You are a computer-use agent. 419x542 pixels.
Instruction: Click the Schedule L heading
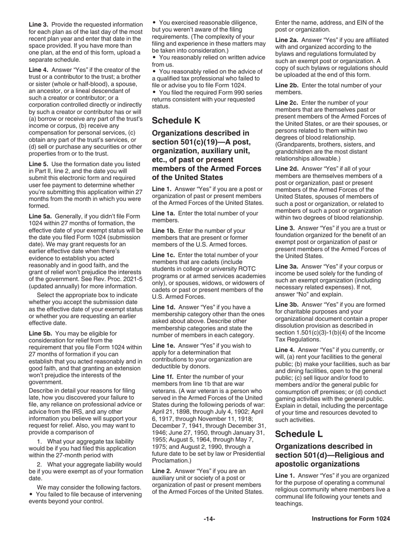(x=299, y=434)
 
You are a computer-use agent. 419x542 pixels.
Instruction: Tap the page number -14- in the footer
(x=209, y=519)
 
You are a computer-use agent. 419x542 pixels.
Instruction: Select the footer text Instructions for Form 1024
(x=351, y=519)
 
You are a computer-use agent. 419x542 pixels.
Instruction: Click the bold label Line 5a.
(x=40, y=216)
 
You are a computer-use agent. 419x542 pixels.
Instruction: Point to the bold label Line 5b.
(x=40, y=334)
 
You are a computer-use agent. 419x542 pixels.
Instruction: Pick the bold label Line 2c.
(x=287, y=102)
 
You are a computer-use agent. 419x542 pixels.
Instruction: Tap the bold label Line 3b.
(x=287, y=304)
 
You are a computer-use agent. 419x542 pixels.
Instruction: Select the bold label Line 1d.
(x=163, y=307)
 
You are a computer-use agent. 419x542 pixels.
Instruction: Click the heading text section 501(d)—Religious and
(x=329, y=455)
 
